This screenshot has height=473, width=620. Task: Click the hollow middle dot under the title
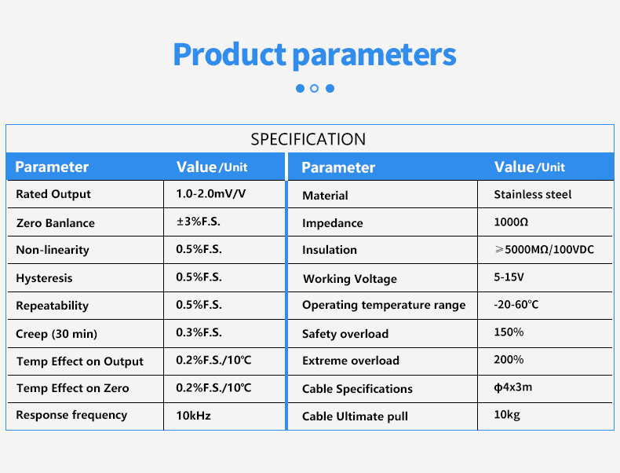click(315, 88)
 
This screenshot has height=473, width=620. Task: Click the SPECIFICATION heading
click(308, 139)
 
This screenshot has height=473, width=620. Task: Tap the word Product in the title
click(229, 54)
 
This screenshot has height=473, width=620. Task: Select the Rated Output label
click(53, 194)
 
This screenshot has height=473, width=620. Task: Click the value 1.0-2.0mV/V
click(211, 193)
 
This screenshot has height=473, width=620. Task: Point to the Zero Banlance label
click(56, 223)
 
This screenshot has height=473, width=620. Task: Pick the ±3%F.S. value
click(198, 222)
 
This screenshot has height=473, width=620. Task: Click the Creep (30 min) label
click(57, 334)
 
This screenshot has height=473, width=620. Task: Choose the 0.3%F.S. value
click(199, 332)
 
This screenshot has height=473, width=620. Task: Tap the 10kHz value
click(193, 416)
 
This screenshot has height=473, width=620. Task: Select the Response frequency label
click(71, 415)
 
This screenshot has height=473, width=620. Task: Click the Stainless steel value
click(533, 194)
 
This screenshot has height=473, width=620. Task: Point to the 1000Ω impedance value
click(511, 222)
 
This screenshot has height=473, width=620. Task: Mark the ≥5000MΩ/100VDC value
click(545, 249)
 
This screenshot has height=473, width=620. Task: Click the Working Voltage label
click(350, 279)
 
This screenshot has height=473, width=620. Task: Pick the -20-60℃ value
click(516, 304)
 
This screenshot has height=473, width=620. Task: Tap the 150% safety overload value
click(509, 332)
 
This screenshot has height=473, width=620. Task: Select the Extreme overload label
click(351, 361)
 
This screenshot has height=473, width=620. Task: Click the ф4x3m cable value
click(512, 387)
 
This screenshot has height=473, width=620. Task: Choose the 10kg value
click(507, 414)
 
